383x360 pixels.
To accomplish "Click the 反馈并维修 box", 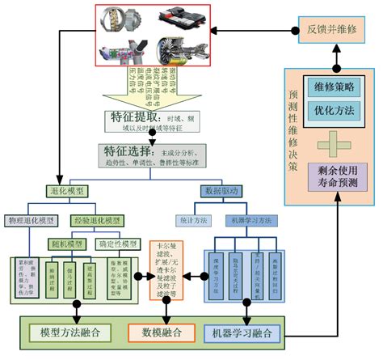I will (x=331, y=29).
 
